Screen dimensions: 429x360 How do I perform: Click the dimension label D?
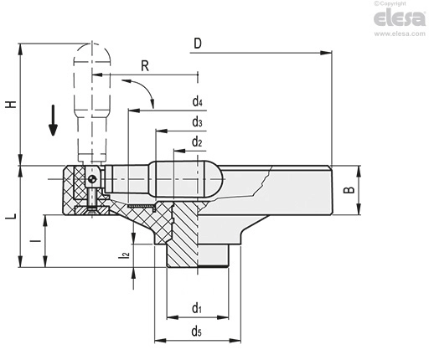(x=198, y=44)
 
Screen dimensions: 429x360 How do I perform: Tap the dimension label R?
(x=145, y=66)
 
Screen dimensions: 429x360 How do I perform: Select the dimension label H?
(x=11, y=104)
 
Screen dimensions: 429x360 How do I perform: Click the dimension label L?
(x=11, y=217)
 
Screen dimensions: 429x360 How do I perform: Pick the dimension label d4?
(x=197, y=101)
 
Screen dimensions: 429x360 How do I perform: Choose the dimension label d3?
(x=197, y=121)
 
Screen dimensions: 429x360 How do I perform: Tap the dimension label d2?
(x=197, y=142)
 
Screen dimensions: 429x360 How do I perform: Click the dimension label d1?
(x=197, y=308)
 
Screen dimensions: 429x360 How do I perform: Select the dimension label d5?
(x=197, y=332)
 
